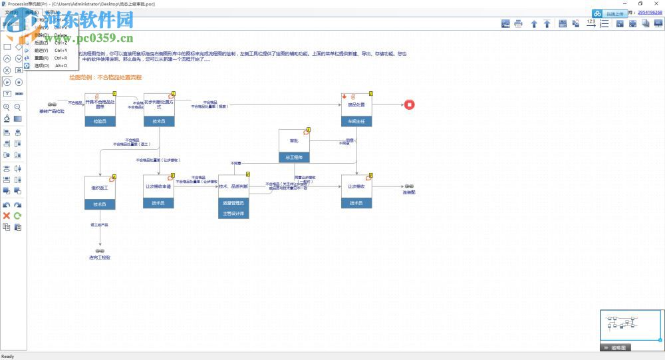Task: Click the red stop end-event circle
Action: [x=410, y=104]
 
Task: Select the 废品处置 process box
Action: [x=356, y=105]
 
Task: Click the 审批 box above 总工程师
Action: [x=294, y=141]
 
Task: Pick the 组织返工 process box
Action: [x=100, y=188]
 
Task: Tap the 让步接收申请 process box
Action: [x=158, y=186]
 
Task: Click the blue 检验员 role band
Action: [x=100, y=122]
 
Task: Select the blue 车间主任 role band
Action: [x=356, y=122]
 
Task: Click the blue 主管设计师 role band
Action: [x=233, y=214]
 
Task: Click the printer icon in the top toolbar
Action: [x=518, y=24]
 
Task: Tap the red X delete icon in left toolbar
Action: [x=7, y=216]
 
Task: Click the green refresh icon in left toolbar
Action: [x=18, y=216]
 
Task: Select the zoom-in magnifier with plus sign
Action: [x=7, y=107]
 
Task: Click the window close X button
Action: [x=656, y=3]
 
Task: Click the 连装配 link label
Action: [x=409, y=192]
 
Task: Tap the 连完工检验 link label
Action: [x=100, y=257]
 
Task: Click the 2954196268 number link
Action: [x=649, y=12]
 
